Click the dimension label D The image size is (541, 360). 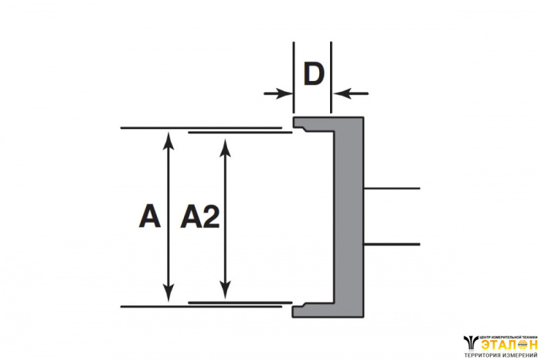click(x=312, y=75)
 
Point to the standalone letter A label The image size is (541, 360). click(x=149, y=217)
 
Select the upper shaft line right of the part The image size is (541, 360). click(x=391, y=188)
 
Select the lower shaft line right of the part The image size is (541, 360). click(x=391, y=245)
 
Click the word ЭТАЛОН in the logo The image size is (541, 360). click(x=508, y=345)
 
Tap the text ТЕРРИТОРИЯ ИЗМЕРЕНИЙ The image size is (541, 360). click(x=500, y=355)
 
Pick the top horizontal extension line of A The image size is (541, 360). click(x=201, y=127)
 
